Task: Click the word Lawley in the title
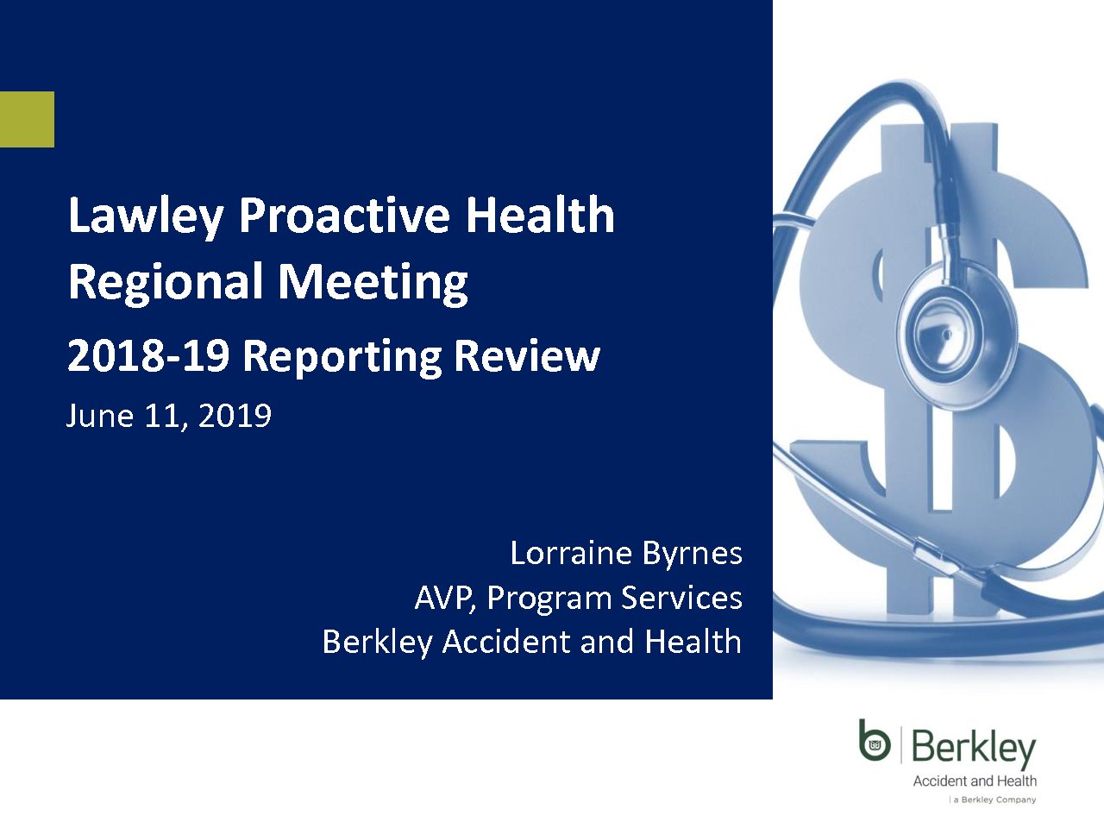(x=146, y=216)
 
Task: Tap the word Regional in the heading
(x=166, y=282)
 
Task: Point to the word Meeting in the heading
(x=373, y=282)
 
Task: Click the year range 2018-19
(x=148, y=356)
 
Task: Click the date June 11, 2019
(x=168, y=417)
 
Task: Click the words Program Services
(x=614, y=599)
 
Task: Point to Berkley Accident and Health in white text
(x=532, y=642)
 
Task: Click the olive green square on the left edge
(x=27, y=119)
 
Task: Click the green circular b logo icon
(x=875, y=741)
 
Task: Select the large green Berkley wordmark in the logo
(x=974, y=748)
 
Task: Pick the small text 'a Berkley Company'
(x=994, y=800)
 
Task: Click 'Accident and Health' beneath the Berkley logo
(x=975, y=781)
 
